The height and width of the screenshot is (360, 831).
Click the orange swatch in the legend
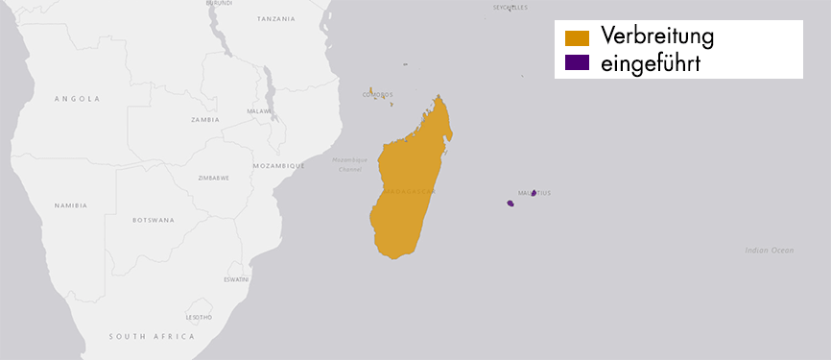point(577,38)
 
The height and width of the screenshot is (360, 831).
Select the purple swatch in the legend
point(577,63)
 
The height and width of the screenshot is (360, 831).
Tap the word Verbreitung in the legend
point(657,36)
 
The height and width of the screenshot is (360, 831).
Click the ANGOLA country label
point(78,98)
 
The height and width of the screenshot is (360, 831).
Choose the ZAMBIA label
point(205,120)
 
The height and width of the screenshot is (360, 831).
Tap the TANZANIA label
point(276,19)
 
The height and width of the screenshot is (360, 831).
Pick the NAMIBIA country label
point(71,204)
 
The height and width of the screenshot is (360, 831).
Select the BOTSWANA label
point(154,220)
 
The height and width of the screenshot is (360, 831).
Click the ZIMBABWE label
point(213,178)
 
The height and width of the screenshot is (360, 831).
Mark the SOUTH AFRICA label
point(152,337)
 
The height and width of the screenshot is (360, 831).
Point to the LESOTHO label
point(199,317)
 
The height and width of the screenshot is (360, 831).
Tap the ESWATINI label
point(236,279)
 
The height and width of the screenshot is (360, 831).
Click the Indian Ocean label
point(770,251)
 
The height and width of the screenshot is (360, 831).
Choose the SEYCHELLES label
point(510,7)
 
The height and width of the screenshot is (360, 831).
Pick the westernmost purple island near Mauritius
point(510,204)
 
